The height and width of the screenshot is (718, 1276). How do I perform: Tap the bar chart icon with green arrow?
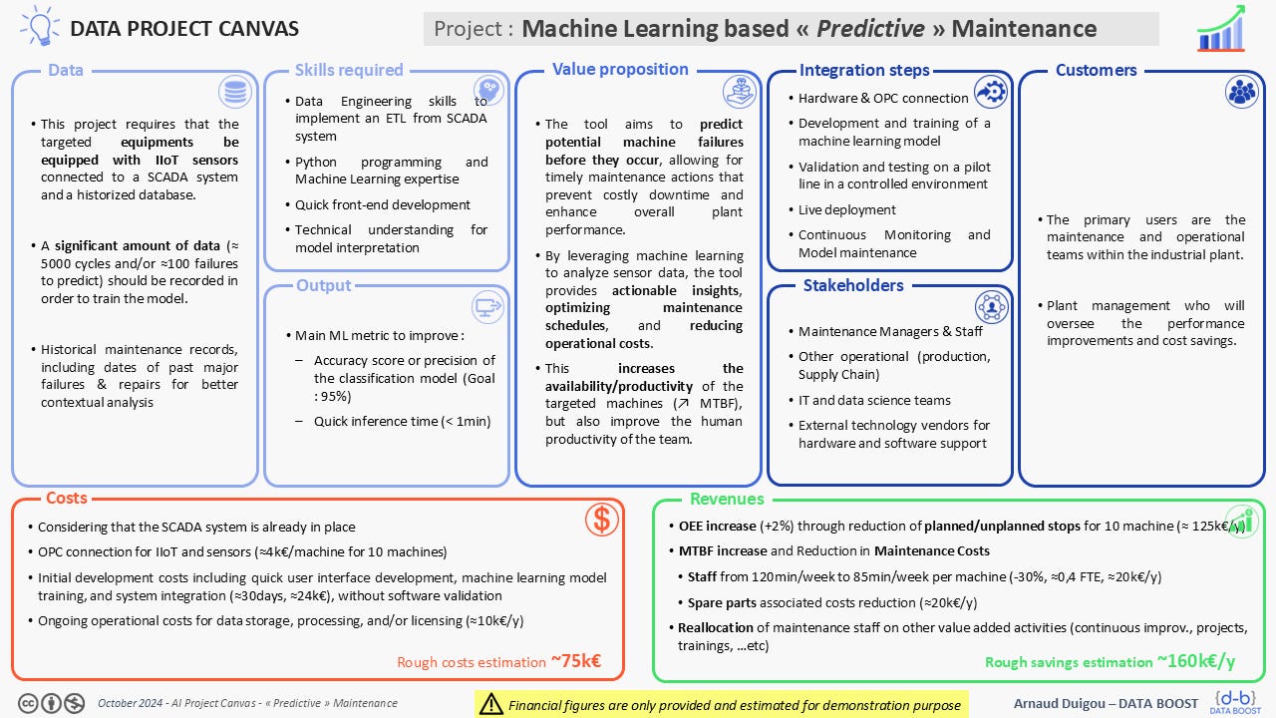point(1221,28)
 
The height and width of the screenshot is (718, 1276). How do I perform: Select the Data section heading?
point(66,70)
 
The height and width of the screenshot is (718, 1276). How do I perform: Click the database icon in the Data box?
point(235,93)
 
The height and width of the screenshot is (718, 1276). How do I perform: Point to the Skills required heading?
point(349,70)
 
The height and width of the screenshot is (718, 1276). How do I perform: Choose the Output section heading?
point(323,285)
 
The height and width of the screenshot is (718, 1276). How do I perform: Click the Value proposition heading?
point(620,69)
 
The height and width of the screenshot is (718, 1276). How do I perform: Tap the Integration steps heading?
point(863,70)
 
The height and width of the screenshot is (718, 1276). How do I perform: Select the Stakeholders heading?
point(852,285)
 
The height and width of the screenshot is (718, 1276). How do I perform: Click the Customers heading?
point(1096,70)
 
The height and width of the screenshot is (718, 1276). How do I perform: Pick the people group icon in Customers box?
point(1242,92)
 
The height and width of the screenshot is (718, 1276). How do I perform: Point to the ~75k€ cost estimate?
point(575,661)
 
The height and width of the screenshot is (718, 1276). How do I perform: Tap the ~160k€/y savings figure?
point(1195,661)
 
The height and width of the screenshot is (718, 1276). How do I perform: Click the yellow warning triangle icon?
point(490,704)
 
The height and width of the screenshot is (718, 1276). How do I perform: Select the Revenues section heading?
point(727,499)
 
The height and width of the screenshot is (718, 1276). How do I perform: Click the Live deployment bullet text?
point(846,209)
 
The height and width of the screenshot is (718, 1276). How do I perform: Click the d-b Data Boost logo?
point(1234,701)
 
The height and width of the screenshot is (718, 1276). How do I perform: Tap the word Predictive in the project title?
point(870,29)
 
